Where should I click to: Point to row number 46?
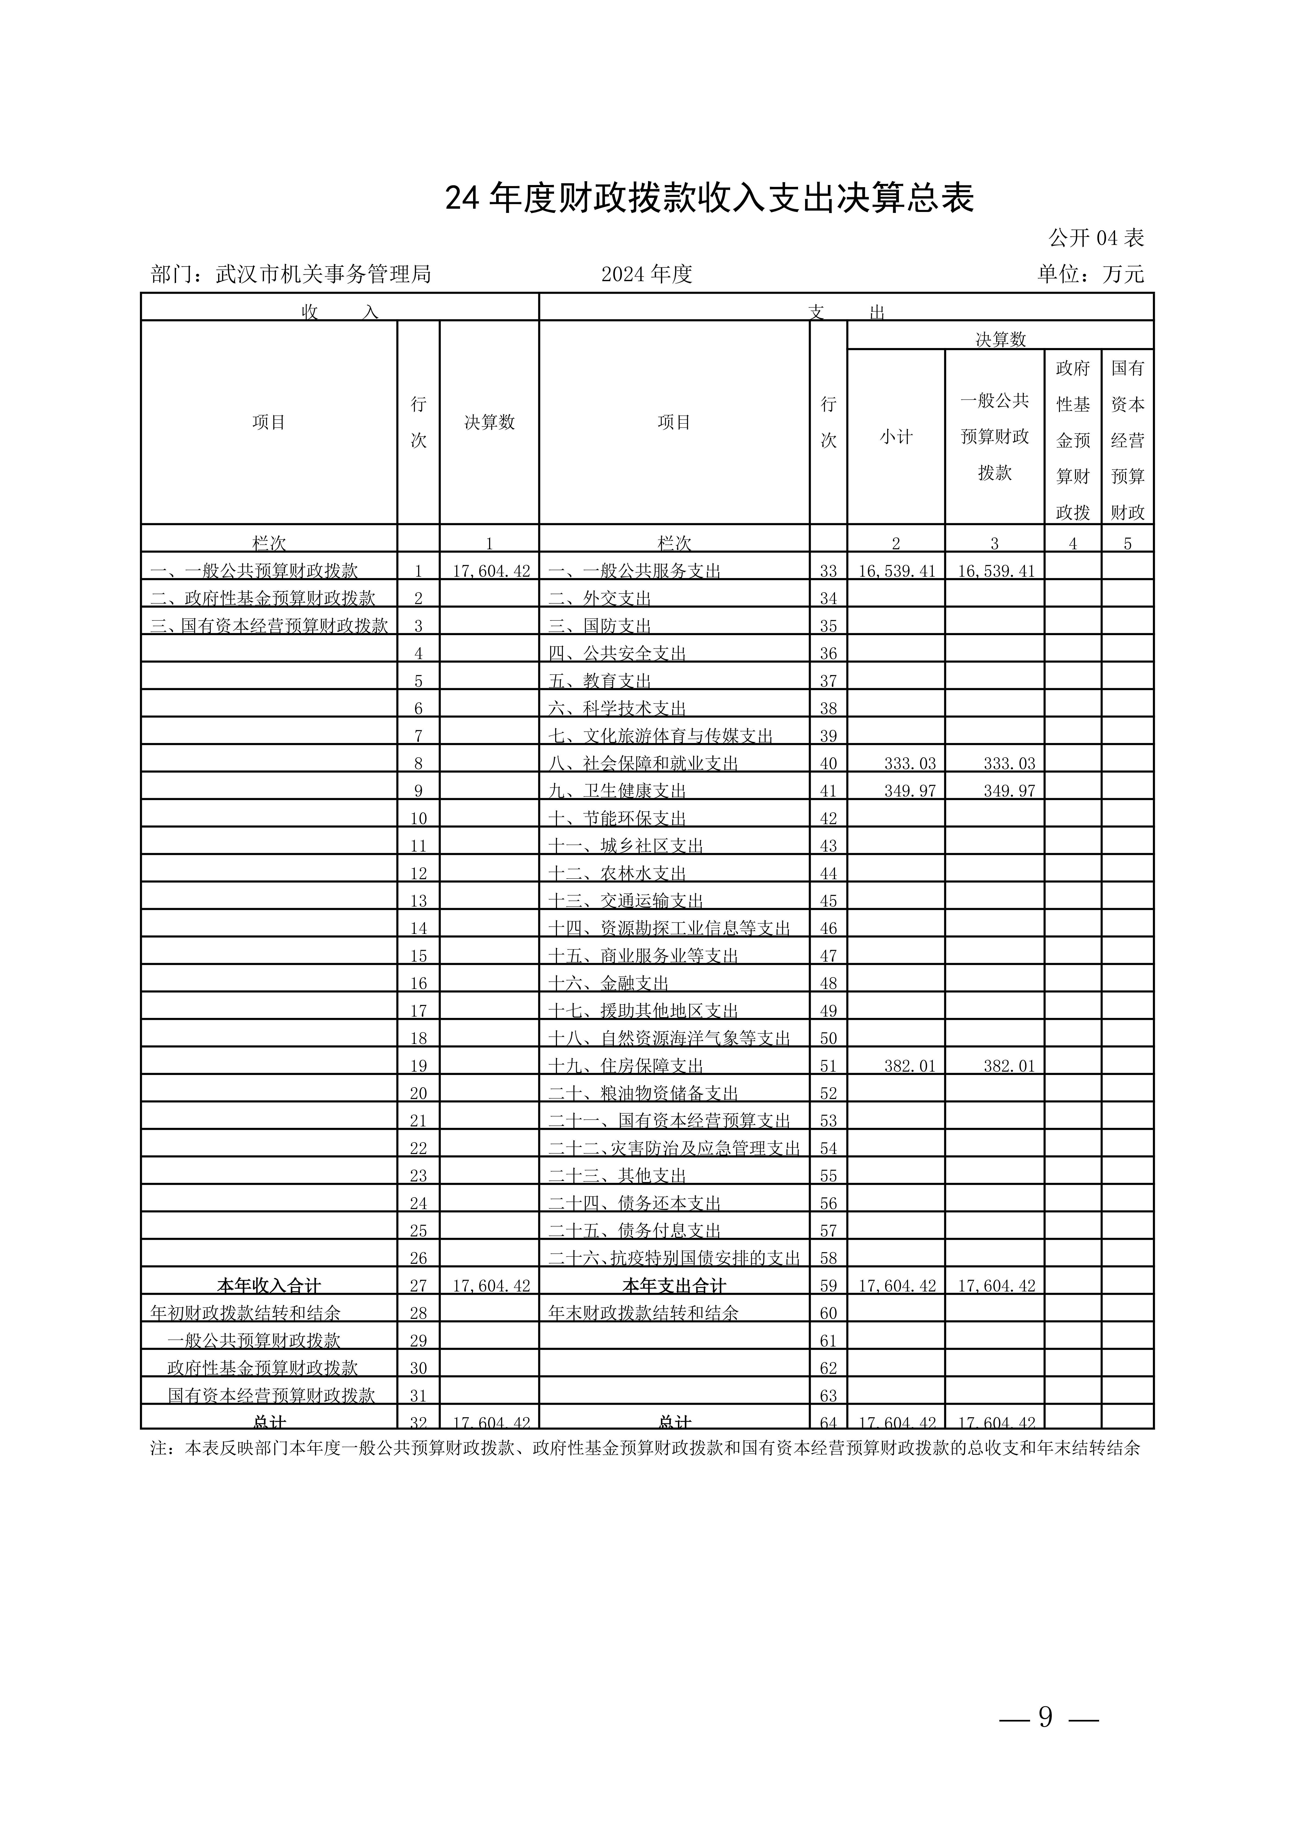pyautogui.click(x=828, y=928)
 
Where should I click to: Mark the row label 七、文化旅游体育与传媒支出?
pyautogui.click(x=660, y=736)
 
